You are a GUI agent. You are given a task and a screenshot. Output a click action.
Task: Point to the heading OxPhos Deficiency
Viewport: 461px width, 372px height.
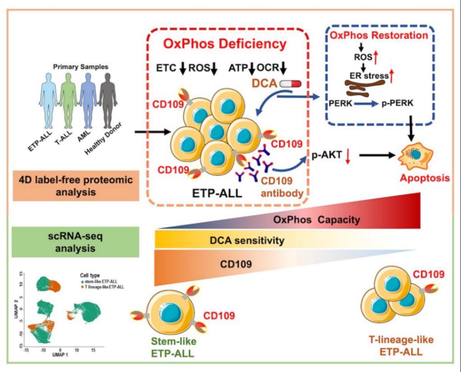(225, 44)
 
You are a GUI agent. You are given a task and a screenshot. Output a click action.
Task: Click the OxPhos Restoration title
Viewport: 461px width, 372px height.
(378, 35)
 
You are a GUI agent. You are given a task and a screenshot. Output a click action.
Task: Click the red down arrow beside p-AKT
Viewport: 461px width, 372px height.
(347, 156)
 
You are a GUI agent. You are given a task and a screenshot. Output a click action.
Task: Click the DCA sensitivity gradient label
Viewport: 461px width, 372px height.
(247, 241)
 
